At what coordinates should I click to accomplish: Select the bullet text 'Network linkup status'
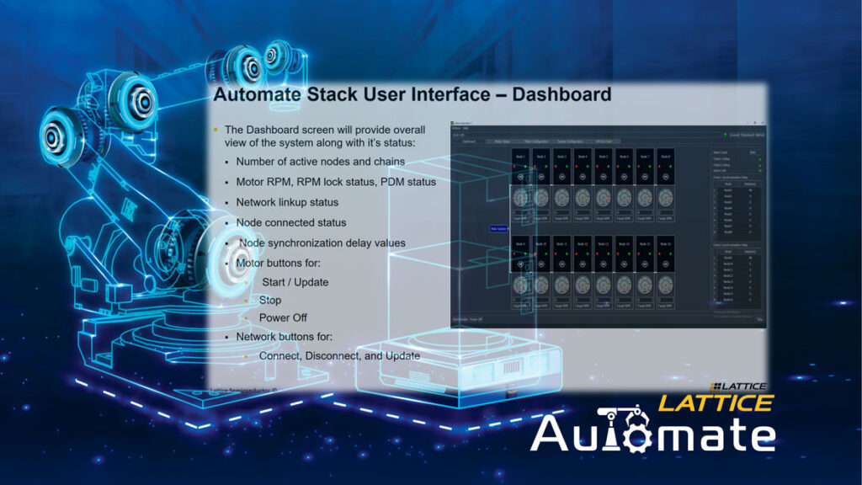coord(287,202)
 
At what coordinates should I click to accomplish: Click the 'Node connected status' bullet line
coord(290,222)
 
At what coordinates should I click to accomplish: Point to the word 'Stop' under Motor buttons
coord(270,300)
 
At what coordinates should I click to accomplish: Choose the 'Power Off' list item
coord(282,317)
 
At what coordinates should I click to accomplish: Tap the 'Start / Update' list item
coord(295,281)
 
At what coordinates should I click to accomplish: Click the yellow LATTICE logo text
coord(715,402)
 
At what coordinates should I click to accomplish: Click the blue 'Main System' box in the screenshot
coord(498,228)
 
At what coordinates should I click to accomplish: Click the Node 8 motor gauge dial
coord(665,197)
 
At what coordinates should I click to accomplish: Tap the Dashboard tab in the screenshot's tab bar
coord(469,141)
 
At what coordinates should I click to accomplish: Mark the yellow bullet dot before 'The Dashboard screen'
coord(215,130)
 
